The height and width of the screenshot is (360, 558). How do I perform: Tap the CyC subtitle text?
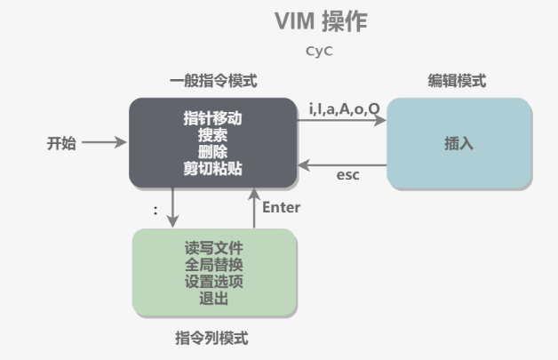[x=318, y=52]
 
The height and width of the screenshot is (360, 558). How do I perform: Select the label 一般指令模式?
[x=213, y=81]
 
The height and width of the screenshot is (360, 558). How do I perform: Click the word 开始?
[x=61, y=143]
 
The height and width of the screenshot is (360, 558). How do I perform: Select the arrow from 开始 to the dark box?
[x=108, y=143]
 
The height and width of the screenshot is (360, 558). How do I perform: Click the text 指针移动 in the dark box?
[x=213, y=118]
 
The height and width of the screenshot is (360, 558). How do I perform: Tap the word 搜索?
[x=213, y=135]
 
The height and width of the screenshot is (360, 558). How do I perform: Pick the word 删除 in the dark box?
[x=213, y=151]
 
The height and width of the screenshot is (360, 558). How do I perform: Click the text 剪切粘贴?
[x=213, y=168]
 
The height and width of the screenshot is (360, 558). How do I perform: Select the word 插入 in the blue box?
[x=458, y=143]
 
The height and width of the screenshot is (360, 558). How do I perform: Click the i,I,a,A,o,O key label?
[x=344, y=108]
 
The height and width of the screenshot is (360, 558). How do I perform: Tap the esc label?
[x=347, y=175]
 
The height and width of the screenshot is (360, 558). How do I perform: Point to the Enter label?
[x=282, y=207]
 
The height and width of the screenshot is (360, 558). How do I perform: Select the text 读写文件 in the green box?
[x=213, y=248]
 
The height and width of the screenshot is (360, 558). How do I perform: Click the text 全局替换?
[x=213, y=265]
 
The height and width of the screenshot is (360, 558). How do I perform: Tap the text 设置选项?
[x=213, y=282]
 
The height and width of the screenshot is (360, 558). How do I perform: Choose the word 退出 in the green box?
[x=213, y=299]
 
